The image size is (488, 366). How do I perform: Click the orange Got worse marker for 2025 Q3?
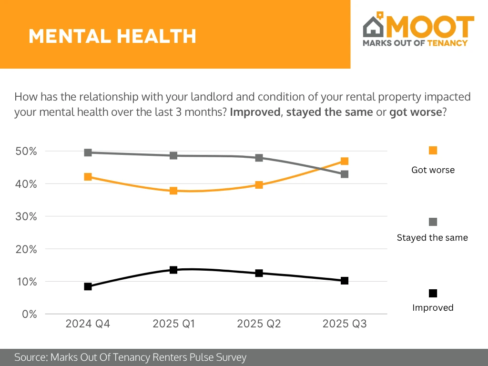(x=345, y=161)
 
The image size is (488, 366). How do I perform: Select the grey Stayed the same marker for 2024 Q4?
(x=88, y=152)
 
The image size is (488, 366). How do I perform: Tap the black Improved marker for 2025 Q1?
(x=173, y=270)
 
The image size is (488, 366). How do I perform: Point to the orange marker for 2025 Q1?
(x=173, y=191)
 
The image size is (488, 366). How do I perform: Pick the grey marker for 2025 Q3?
(x=345, y=174)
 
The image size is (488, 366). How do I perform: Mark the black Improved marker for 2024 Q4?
(x=88, y=286)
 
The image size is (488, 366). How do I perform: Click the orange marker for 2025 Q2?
(x=259, y=184)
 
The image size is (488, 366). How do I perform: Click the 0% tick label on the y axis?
(x=29, y=314)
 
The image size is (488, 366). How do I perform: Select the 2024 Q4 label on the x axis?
(x=88, y=324)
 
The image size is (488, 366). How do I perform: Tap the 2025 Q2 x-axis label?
(x=259, y=324)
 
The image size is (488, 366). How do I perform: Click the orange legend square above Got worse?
(x=433, y=151)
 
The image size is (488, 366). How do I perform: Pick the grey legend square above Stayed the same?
(x=433, y=222)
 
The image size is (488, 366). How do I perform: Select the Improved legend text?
(x=433, y=308)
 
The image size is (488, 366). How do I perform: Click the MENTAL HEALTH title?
(x=112, y=36)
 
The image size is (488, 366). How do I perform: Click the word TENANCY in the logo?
(x=447, y=43)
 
